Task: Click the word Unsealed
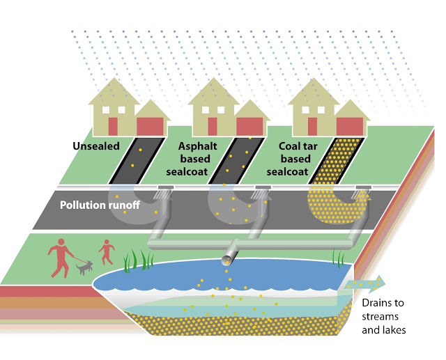96,146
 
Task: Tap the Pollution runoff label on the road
100,205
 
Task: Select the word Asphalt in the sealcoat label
198,146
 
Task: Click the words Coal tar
298,146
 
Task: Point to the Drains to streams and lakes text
384,316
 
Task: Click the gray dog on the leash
84,267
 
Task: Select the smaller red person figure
107,252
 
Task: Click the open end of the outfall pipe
227,260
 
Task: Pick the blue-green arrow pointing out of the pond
365,284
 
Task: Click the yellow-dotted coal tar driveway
337,161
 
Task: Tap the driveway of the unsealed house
137,161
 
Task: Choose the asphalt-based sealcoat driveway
237,161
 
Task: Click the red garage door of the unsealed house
151,127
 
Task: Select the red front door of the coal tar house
312,127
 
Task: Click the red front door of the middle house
212,127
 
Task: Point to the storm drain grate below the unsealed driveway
165,187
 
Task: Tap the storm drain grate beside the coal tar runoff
363,187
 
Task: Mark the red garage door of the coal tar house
350,127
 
